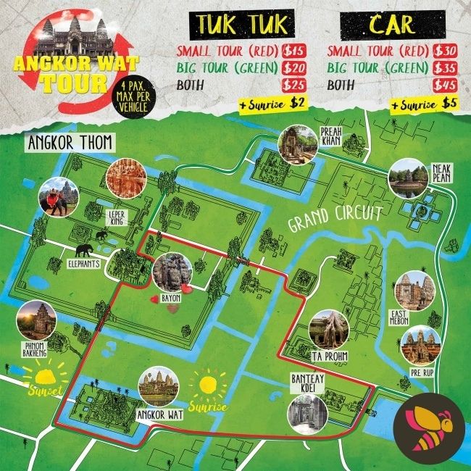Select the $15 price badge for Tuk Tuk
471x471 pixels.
[x=293, y=51]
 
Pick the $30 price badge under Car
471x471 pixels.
[x=444, y=51]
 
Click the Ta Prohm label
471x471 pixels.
[x=327, y=357]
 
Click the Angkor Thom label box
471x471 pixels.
[x=70, y=142]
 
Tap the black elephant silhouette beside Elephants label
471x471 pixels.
[x=86, y=250]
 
